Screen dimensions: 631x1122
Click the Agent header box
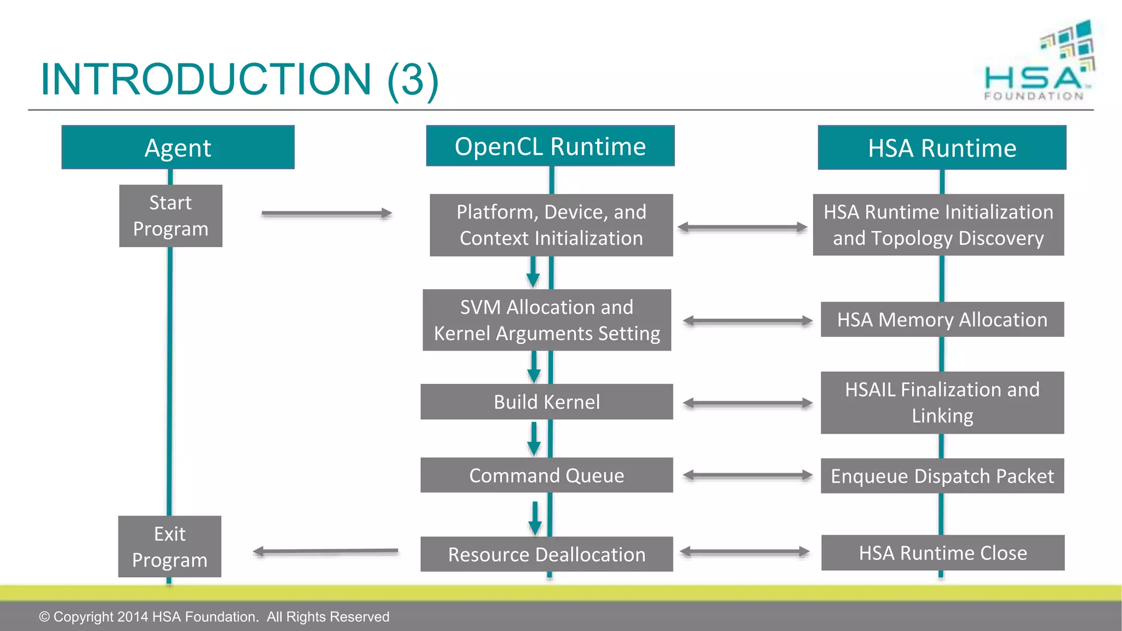click(178, 147)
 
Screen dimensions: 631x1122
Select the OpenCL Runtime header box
click(550, 146)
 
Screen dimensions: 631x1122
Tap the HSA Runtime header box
click(942, 147)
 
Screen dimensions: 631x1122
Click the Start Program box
click(170, 216)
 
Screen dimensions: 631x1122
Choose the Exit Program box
click(169, 547)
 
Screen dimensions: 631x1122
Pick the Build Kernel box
click(546, 401)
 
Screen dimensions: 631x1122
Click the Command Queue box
click(546, 475)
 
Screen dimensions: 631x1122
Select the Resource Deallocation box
click(546, 554)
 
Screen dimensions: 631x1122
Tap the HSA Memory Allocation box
click(942, 319)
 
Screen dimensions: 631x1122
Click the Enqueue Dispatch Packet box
click(942, 475)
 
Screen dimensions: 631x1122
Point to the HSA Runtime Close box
click(942, 553)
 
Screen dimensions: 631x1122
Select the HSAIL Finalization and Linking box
click(942, 403)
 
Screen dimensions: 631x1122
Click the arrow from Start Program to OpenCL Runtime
click(327, 213)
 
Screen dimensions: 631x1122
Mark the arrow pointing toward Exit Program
click(325, 552)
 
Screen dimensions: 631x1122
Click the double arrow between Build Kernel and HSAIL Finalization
click(747, 403)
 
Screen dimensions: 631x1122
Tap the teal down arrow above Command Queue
click(534, 439)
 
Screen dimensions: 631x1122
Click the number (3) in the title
click(413, 79)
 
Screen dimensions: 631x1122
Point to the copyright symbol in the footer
click(44, 617)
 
